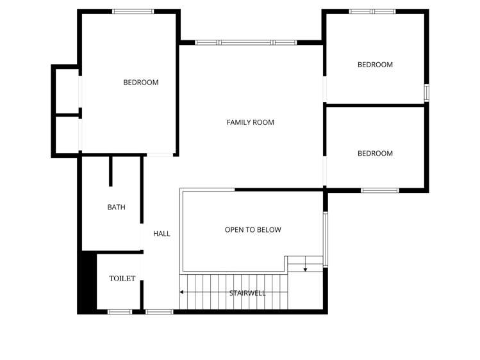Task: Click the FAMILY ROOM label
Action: [x=250, y=122]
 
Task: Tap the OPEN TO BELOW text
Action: [x=252, y=229]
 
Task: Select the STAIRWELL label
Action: [x=247, y=293]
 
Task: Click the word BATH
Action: [x=116, y=207]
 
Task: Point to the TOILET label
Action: [x=122, y=278]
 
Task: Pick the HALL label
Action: [x=161, y=234]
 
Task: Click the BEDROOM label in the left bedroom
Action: [x=140, y=82]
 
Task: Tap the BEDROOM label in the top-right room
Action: [x=375, y=65]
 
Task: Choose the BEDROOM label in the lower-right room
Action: [x=375, y=154]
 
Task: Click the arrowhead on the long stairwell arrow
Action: [x=182, y=292]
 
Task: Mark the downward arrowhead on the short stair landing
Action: [x=305, y=269]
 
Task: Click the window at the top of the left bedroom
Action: [x=133, y=12]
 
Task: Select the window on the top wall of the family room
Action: [x=245, y=42]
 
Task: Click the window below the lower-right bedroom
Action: [x=379, y=190]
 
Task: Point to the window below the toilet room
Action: [x=119, y=312]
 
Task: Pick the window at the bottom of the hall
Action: [x=159, y=312]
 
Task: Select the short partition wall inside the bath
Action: [x=111, y=171]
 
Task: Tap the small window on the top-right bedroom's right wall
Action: [x=426, y=92]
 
